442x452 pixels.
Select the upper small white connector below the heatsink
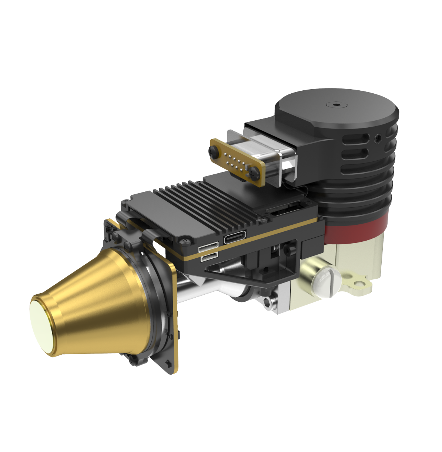point(208,248)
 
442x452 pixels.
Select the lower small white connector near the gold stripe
point(209,257)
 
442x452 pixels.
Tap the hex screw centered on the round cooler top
point(336,105)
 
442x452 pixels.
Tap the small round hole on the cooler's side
point(378,139)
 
